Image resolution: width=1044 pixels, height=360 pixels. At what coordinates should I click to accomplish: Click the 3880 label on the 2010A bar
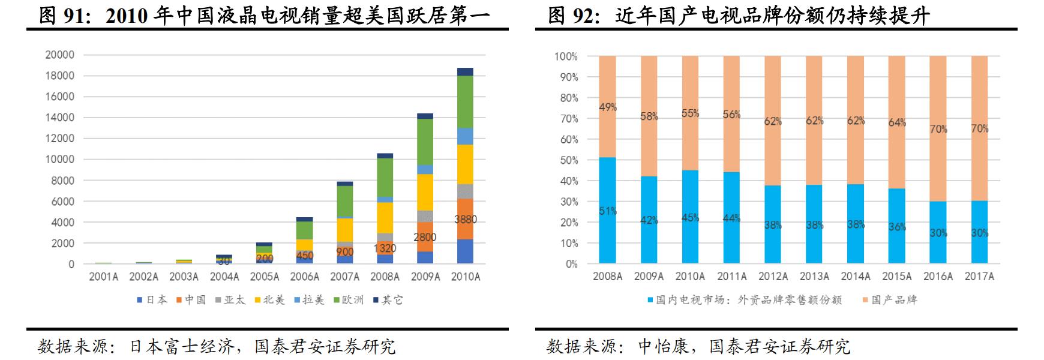[466, 220]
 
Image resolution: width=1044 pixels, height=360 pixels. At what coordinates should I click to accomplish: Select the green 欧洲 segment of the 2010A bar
[466, 102]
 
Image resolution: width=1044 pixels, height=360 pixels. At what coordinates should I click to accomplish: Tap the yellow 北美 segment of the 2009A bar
[425, 192]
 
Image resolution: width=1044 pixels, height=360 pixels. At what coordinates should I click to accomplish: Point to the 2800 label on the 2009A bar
[425, 238]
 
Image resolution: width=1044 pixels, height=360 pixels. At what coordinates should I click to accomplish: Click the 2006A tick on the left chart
[305, 277]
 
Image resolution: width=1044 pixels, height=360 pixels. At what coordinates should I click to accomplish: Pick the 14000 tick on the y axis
[60, 118]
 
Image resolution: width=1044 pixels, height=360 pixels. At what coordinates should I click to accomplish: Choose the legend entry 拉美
[309, 299]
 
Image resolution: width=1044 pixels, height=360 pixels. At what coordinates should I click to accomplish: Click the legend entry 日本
[152, 299]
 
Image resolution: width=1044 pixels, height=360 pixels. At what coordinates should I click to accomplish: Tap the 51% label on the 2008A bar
[607, 211]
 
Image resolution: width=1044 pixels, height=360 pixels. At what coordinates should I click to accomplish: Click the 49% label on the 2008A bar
[607, 107]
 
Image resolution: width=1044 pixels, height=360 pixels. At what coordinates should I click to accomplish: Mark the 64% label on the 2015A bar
[897, 122]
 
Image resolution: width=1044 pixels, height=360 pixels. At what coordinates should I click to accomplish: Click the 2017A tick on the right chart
[979, 277]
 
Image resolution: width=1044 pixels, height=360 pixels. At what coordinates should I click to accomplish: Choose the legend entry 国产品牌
[890, 299]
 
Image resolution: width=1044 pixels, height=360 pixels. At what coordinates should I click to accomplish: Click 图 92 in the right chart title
[572, 16]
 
